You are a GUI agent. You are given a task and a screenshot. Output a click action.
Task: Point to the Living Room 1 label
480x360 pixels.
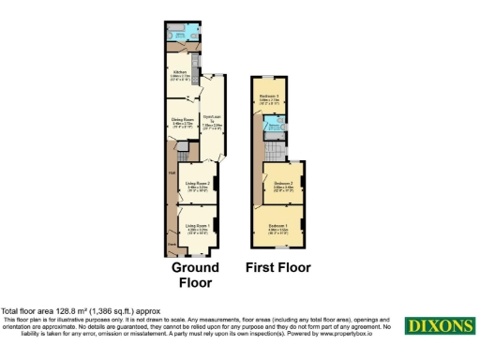point(196,226)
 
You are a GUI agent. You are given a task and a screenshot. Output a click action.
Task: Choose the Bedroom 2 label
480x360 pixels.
point(283,184)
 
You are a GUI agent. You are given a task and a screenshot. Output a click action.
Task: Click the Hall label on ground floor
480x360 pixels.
point(172,172)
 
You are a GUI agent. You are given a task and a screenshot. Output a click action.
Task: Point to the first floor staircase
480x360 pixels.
point(274,150)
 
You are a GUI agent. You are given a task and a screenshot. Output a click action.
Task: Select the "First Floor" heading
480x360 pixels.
point(278,267)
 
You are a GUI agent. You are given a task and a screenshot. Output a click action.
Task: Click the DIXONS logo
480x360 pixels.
point(439,325)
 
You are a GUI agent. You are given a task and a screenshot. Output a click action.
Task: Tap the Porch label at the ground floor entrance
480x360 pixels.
point(172,246)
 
